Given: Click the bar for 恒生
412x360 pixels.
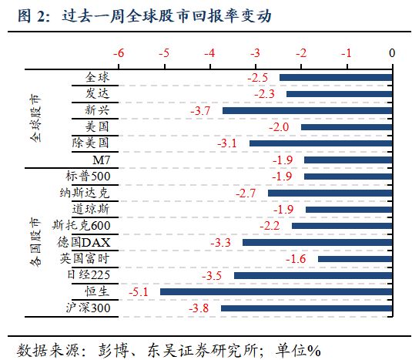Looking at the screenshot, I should pyautogui.click(x=276, y=292).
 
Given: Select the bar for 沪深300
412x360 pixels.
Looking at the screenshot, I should pyautogui.click(x=306, y=308).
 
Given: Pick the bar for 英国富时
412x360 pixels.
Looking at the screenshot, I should pyautogui.click(x=356, y=259).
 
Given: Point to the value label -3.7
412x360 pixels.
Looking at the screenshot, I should pyautogui.click(x=199, y=111).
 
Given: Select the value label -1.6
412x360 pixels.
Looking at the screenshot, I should pyautogui.click(x=296, y=259).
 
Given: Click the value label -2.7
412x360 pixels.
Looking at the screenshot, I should pyautogui.click(x=246, y=193).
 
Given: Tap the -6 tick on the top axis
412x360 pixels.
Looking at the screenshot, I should pyautogui.click(x=119, y=53).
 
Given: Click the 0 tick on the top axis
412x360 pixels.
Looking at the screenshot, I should pyautogui.click(x=392, y=53).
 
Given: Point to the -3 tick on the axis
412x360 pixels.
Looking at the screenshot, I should pyautogui.click(x=255, y=53).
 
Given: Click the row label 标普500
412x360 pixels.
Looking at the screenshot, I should pyautogui.click(x=89, y=177).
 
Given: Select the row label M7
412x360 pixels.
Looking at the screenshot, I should pyautogui.click(x=101, y=160).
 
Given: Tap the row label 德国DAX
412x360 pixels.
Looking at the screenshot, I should pyautogui.click(x=85, y=242).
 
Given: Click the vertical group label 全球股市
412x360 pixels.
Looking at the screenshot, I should pyautogui.click(x=37, y=119).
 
